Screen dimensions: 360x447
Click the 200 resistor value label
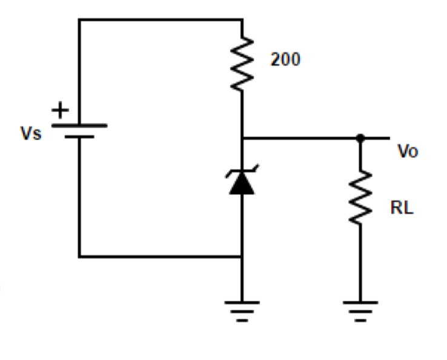tap(285, 60)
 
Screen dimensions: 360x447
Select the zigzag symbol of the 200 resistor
tap(242, 63)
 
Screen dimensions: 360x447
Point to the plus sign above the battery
tap(61, 110)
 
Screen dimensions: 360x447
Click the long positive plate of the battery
tap(79, 125)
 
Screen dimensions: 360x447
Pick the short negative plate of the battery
tap(79, 137)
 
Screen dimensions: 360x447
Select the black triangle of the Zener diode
tap(242, 184)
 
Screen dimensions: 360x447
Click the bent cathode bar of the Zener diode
tap(242, 172)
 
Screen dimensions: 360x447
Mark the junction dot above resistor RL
tap(360, 138)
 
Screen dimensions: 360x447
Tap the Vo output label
tap(407, 152)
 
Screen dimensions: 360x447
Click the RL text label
tap(402, 209)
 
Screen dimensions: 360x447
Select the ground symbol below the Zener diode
tap(242, 309)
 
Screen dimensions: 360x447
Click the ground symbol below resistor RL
tap(360, 309)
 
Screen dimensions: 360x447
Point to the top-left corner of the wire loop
tap(79, 19)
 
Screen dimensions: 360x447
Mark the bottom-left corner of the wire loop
tap(79, 257)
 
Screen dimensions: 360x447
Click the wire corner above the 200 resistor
tap(242, 19)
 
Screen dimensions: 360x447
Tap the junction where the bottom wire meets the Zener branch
tap(242, 257)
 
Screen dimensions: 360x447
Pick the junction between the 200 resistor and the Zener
tap(242, 138)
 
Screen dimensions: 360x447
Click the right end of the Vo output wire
tap(389, 138)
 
